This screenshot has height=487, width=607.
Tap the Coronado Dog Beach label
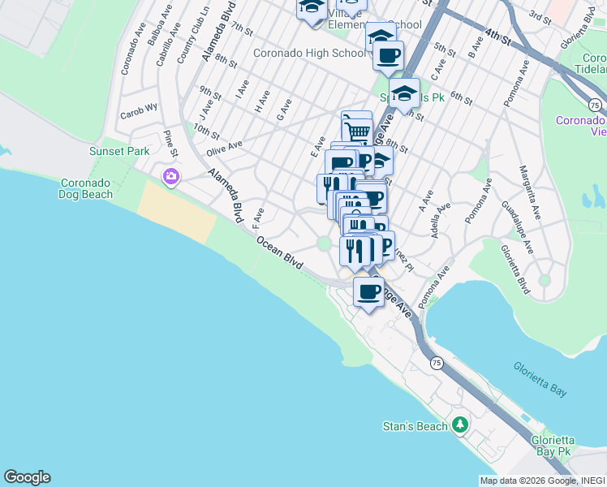click(87, 188)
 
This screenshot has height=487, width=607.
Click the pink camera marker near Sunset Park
click(170, 176)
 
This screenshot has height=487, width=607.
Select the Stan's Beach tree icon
click(460, 425)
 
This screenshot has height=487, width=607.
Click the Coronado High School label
click(309, 54)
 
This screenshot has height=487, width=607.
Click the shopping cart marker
click(357, 128)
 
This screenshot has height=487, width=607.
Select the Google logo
click(27, 477)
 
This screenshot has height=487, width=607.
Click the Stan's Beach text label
click(415, 426)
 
